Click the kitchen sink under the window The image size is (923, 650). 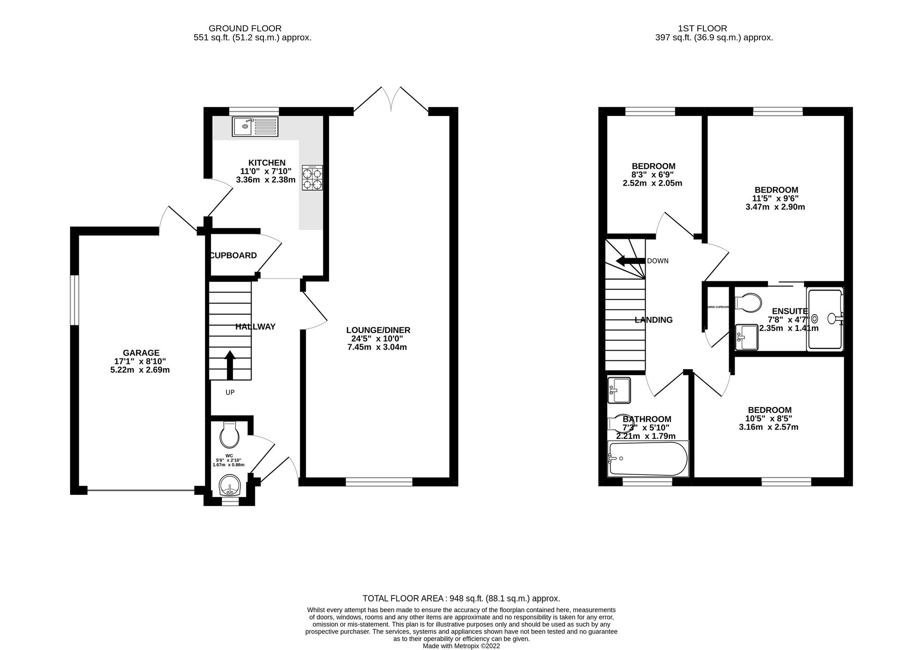tap(256, 126)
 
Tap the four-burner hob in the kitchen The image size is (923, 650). tap(312, 178)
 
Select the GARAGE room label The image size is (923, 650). tap(141, 353)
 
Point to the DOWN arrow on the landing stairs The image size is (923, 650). tap(630, 261)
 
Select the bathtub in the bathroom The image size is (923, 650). tap(648, 459)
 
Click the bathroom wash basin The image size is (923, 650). tap(619, 390)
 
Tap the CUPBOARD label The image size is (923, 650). tap(234, 255)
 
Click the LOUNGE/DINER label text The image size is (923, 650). tap(378, 330)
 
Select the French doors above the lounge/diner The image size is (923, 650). tap(391, 99)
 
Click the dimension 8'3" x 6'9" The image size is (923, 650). tap(653, 175)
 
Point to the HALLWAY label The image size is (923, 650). tap(255, 327)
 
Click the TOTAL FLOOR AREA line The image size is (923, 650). tap(461, 598)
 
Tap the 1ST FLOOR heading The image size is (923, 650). tap(714, 29)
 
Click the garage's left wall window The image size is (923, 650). tap(74, 300)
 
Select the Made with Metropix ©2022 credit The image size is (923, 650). tap(461, 646)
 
